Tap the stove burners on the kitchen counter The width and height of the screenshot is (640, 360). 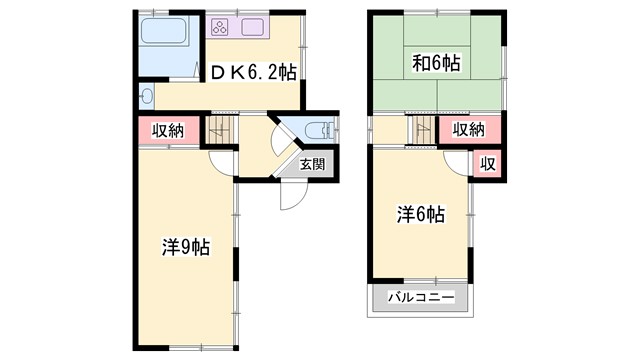(x=220, y=27)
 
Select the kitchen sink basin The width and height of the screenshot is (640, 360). (x=251, y=27)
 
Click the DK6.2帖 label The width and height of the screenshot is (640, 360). (x=253, y=72)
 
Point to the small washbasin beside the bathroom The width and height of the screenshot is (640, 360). (x=148, y=96)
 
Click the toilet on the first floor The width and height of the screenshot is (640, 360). (x=317, y=131)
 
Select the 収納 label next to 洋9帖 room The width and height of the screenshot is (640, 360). (x=168, y=130)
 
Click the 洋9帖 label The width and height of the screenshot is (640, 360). (x=185, y=247)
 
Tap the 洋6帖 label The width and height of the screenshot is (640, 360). (x=420, y=214)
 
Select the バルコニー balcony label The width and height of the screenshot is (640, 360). (x=421, y=298)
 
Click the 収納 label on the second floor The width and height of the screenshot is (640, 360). (x=468, y=129)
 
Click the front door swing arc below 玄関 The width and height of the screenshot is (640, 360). (x=289, y=196)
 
